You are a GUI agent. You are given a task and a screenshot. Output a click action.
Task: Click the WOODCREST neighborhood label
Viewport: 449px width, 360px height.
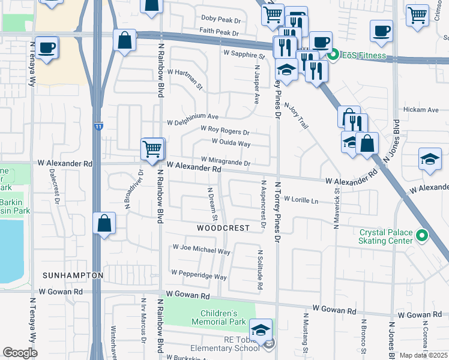coord(223,228)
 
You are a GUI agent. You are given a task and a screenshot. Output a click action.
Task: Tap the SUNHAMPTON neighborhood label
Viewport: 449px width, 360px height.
coord(73,275)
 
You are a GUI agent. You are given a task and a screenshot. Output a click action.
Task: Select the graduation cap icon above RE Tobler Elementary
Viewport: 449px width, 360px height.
coord(261,330)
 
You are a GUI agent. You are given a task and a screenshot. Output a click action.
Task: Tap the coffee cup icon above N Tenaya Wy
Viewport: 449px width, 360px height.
coord(46,48)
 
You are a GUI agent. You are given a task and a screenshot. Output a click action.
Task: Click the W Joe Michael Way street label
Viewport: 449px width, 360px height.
coord(201,249)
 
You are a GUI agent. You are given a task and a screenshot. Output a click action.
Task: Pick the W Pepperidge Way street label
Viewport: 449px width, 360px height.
coord(199,274)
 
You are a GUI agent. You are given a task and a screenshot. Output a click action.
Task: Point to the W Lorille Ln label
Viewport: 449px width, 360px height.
coord(301,199)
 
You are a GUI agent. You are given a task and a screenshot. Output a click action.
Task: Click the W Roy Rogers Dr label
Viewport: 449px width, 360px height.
coord(225,130)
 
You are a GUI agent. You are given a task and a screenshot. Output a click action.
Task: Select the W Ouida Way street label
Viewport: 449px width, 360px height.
coord(231,143)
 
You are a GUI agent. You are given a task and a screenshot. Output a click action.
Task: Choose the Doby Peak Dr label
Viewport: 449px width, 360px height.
coord(220,19)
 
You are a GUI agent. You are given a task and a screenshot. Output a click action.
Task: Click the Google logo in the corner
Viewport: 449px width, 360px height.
coord(20,353)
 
